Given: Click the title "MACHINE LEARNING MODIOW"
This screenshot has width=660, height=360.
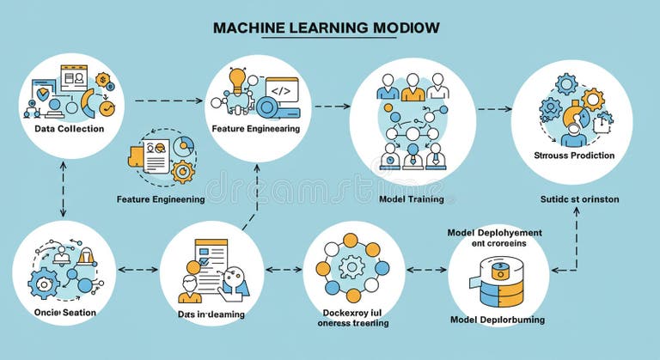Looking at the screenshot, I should [x=326, y=27].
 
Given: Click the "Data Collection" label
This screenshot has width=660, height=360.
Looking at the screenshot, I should [x=70, y=129].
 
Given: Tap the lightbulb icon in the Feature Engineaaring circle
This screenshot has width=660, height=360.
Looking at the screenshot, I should [x=238, y=80].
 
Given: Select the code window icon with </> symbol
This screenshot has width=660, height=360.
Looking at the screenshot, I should [x=280, y=89].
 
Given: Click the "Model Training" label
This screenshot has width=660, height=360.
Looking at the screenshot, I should [x=412, y=199].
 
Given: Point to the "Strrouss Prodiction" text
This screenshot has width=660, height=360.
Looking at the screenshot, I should [x=574, y=156].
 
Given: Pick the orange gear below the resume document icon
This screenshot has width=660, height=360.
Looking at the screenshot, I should [x=183, y=171].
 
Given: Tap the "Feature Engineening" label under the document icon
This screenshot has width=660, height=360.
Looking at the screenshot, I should [x=160, y=199].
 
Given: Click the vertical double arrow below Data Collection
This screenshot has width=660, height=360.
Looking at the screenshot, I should [x=63, y=189].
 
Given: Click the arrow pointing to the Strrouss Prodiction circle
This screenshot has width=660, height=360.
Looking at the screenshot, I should [x=495, y=110].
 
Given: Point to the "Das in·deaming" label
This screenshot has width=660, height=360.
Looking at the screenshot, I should [x=211, y=314].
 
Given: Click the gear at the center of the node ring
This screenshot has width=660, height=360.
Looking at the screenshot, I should [x=351, y=267].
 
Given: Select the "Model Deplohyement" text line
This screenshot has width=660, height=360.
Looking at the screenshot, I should [x=495, y=232].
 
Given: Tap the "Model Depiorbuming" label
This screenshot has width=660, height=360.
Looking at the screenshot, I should [x=498, y=320].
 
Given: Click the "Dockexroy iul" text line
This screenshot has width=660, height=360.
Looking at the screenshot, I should [x=351, y=311].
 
